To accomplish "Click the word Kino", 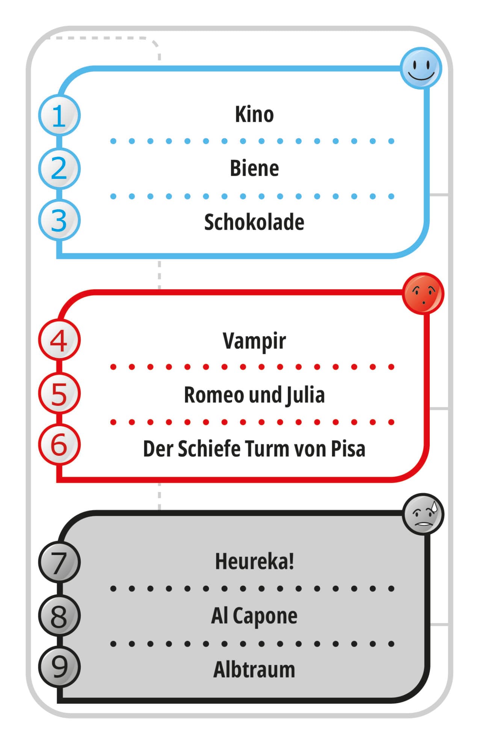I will click(x=254, y=114).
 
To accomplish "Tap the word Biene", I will click(x=254, y=168).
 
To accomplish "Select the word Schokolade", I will click(x=254, y=222).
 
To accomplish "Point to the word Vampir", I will click(x=254, y=341).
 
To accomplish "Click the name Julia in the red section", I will click(x=305, y=395).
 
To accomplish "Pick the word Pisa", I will click(x=348, y=449).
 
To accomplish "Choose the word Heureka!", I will click(x=254, y=561).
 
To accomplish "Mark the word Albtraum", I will click(x=254, y=670).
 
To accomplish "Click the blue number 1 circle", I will click(x=59, y=115).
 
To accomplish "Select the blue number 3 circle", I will click(x=59, y=220).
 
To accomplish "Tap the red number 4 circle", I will click(x=59, y=340).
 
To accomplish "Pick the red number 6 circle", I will click(x=59, y=445).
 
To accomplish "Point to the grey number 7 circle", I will click(x=59, y=563).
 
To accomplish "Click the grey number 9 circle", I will click(x=59, y=667).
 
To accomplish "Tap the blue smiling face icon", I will click(x=421, y=68).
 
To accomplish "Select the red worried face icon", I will click(x=423, y=293).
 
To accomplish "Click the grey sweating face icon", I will click(x=423, y=514).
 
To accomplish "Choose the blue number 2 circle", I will click(x=59, y=168).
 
